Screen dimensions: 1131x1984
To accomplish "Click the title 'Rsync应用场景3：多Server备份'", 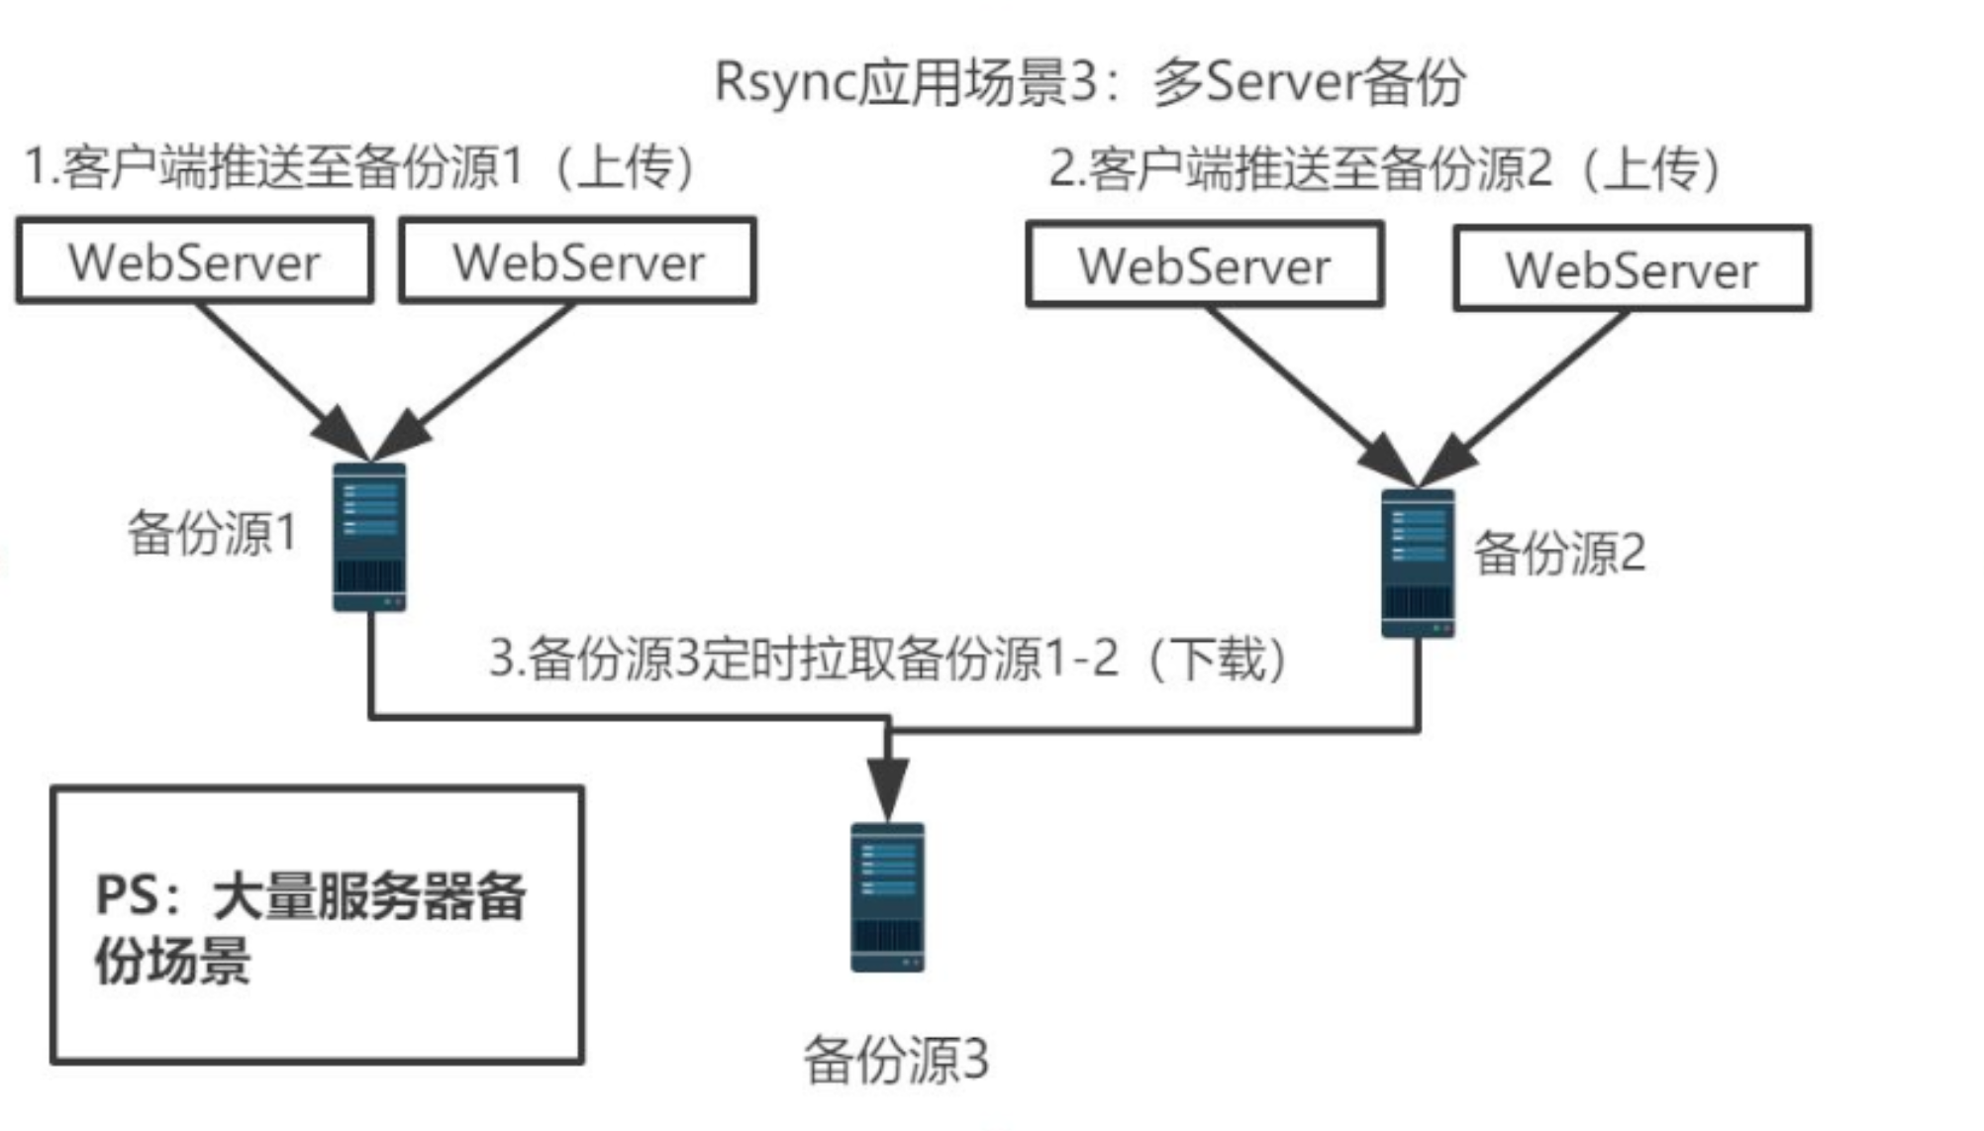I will point(1089,81).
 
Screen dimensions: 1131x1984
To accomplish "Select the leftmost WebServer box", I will point(194,260).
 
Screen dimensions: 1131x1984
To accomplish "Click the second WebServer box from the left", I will point(578,260).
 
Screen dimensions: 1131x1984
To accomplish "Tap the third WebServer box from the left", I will point(1204,264).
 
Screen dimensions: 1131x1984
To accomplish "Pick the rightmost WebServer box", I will point(1632,268).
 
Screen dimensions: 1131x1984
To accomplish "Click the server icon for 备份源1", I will point(369,537).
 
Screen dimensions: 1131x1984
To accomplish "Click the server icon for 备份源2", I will point(1418,563).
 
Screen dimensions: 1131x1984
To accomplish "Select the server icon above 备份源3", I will point(888,897).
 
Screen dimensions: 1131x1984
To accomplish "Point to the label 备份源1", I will point(212,533).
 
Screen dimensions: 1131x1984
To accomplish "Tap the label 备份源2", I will point(1558,553).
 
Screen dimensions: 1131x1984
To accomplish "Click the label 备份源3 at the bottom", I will point(895,1060).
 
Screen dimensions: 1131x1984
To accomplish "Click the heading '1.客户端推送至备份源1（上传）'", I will point(360,166).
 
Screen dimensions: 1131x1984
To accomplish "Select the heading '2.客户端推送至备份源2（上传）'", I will point(1386,168).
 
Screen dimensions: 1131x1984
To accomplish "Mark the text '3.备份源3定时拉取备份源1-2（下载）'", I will point(889,659).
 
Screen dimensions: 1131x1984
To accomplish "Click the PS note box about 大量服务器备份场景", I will point(317,925).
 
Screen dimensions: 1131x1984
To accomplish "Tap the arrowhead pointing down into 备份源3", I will point(888,787).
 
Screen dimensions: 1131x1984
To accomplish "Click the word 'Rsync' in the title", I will point(782,81).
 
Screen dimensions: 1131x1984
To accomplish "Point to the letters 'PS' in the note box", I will point(126,895).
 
